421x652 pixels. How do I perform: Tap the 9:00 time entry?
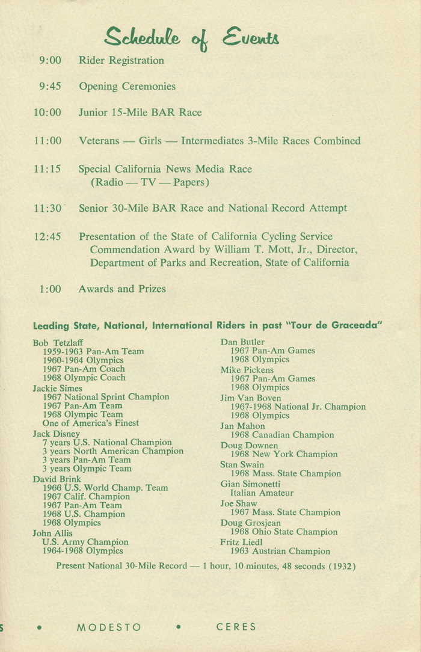coord(50,61)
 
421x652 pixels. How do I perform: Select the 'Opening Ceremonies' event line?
coord(127,87)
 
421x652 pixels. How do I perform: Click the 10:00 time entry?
coord(48,112)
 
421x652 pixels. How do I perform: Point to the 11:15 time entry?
coord(48,170)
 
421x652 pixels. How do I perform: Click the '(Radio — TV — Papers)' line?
coord(150,182)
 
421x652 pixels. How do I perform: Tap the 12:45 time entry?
coord(48,237)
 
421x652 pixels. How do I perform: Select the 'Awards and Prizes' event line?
coord(121,289)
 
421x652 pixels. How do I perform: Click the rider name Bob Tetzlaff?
coord(58,343)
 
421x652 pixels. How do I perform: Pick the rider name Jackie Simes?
coord(57,389)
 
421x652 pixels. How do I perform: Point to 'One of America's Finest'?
coord(90,423)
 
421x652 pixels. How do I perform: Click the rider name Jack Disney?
coord(56,434)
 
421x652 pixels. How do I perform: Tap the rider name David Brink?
coord(57,479)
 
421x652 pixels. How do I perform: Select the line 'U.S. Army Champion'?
coord(85,542)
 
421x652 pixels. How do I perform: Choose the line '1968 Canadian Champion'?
coord(282,435)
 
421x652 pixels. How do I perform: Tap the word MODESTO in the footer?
coord(109,627)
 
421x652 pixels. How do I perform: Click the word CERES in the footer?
coord(236,627)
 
